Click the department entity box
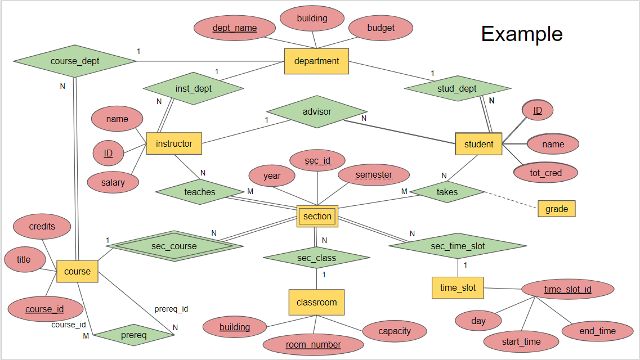click(316, 61)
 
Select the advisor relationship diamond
click(317, 111)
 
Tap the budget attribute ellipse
click(381, 28)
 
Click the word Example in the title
click(522, 34)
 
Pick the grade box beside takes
click(556, 209)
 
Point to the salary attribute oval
click(113, 182)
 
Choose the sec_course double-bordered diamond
click(174, 246)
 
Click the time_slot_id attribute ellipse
click(567, 290)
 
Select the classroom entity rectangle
click(316, 302)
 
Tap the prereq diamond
click(134, 335)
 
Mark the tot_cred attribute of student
click(545, 173)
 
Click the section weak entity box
click(317, 216)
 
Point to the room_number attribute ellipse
click(313, 344)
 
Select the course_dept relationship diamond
click(74, 61)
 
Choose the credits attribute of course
click(42, 227)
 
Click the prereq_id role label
click(171, 309)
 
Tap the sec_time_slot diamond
click(458, 246)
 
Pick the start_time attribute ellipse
click(521, 341)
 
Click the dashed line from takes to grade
click(511, 201)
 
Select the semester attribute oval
click(374, 175)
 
